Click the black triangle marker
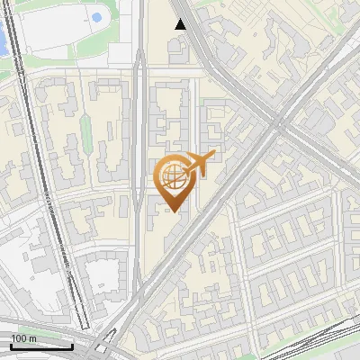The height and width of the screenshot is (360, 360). [181, 24]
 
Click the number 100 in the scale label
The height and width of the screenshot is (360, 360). [20, 338]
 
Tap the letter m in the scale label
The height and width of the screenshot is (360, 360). [33, 338]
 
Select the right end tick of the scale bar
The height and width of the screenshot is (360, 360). [72, 346]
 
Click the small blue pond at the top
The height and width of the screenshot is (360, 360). [95, 18]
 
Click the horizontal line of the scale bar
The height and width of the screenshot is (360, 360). [40, 347]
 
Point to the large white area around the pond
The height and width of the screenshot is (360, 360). [63, 31]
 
